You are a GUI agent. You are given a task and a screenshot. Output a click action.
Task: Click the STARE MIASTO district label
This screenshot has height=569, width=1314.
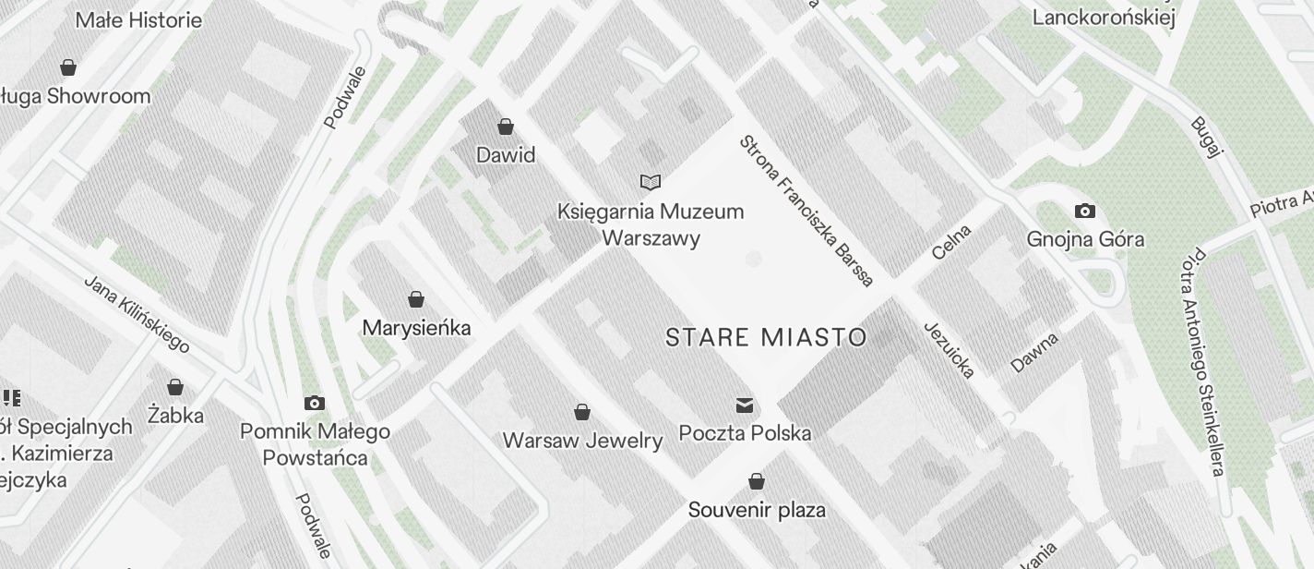click(766, 337)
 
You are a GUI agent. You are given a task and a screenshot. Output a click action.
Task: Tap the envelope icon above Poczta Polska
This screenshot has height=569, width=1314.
click(745, 405)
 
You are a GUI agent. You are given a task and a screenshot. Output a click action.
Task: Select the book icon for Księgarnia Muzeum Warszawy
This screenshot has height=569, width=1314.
click(651, 182)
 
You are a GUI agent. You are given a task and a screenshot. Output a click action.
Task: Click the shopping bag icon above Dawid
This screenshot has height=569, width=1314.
click(505, 126)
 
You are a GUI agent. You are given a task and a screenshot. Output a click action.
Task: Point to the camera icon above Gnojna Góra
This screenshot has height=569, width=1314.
click(1085, 212)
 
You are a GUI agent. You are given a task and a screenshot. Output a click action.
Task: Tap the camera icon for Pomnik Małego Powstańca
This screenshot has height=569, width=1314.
click(315, 403)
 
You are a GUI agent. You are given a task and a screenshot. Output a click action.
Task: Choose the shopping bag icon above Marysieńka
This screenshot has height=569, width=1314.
click(416, 299)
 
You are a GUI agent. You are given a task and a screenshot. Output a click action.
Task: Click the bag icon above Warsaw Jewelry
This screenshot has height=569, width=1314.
click(582, 411)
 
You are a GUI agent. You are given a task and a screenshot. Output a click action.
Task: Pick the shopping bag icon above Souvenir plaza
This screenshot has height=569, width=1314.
click(757, 481)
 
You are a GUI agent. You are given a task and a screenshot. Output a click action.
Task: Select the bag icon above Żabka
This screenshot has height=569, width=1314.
click(175, 387)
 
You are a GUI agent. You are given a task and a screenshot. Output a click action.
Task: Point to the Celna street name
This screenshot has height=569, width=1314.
click(951, 242)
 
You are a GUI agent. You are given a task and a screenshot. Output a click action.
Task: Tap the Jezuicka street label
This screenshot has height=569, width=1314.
click(949, 350)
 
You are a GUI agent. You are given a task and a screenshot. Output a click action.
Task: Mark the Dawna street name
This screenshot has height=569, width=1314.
click(1034, 352)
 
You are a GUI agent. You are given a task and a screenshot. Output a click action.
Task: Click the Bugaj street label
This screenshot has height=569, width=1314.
click(1205, 138)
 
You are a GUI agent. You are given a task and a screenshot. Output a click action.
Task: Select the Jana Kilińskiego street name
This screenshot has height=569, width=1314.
click(137, 314)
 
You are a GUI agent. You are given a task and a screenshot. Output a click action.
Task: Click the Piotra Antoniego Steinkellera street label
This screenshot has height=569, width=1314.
click(1207, 362)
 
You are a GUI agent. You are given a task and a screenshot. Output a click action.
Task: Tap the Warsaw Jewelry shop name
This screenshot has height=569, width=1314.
click(582, 441)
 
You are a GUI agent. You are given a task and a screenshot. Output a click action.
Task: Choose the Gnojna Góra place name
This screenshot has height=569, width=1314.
click(1085, 240)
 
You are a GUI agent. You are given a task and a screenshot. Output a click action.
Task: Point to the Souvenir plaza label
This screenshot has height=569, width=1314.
click(757, 510)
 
